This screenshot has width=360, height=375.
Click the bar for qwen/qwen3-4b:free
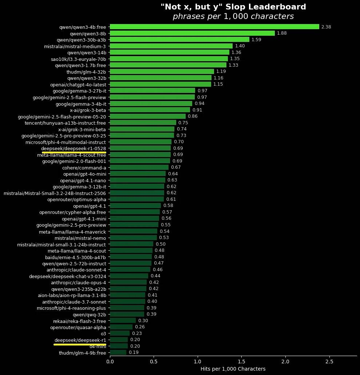point(214,27)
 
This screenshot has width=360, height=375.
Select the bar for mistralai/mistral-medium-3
point(171,46)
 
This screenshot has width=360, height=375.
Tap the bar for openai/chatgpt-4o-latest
point(160,84)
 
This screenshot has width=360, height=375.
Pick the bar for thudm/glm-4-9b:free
point(118,352)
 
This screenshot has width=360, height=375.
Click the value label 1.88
point(282,33)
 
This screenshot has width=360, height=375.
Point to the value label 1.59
point(256,39)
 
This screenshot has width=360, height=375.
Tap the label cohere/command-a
point(84,167)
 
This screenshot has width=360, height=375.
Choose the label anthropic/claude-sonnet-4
point(76,270)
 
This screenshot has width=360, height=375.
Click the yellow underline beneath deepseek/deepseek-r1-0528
point(74,152)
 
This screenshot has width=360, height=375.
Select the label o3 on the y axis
point(103,333)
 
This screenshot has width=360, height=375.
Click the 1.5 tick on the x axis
point(241,362)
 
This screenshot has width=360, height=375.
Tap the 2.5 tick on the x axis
point(329,362)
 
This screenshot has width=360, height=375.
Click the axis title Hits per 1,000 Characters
point(233,369)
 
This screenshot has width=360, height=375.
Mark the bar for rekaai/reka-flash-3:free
point(123,320)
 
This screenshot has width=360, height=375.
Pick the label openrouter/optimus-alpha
point(77,199)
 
